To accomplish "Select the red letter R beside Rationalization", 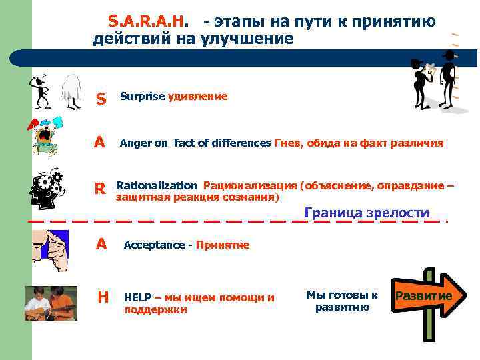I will coord(100,189).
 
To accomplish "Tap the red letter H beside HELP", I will coord(103,297).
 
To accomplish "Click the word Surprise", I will coord(142,97).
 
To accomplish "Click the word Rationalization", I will coord(157,185).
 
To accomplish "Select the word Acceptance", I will coord(154,245).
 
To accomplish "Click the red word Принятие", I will coord(223,245).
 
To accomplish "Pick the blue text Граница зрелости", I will coord(367,213).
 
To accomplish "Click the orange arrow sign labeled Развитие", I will coord(425,296).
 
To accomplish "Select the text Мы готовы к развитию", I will coord(342,301).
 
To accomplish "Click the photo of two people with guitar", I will coord(51,303).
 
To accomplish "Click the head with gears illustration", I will coord(46,187).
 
